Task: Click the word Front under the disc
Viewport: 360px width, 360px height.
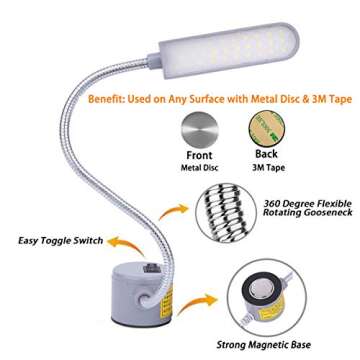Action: pyautogui.click(x=199, y=156)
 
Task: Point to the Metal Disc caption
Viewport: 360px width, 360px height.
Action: pyautogui.click(x=199, y=168)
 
